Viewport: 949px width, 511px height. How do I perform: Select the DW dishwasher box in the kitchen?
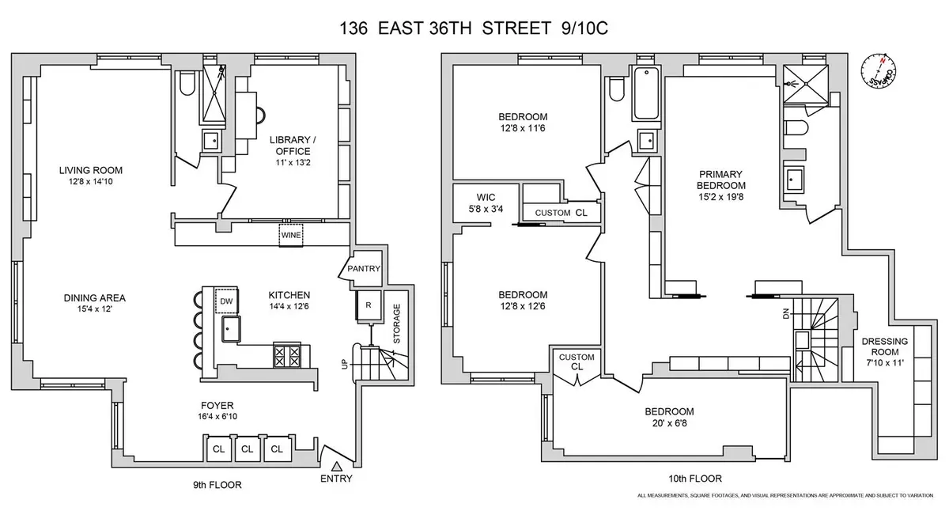(x=226, y=301)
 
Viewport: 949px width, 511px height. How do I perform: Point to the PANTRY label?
(x=364, y=269)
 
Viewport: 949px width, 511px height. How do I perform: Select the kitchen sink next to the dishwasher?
(x=231, y=329)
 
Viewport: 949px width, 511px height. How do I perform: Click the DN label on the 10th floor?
(x=785, y=314)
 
